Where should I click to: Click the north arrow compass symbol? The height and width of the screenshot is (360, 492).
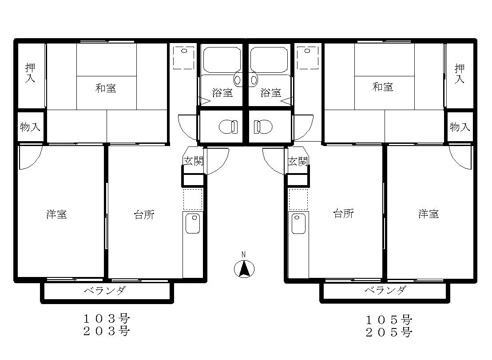click(244, 269)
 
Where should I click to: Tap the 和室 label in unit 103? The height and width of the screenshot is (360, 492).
click(106, 88)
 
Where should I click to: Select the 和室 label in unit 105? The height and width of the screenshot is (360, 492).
click(382, 87)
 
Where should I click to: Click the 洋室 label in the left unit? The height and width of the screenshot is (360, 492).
click(56, 214)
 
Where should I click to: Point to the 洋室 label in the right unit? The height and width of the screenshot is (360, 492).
click(429, 214)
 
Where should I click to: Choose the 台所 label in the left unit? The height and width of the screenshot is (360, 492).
click(144, 215)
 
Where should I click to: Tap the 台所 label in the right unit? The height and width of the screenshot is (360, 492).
click(344, 214)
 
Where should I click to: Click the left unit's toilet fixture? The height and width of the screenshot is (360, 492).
click(228, 127)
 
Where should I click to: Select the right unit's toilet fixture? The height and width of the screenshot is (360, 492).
click(263, 127)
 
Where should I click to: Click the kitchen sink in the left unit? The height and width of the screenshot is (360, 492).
click(192, 223)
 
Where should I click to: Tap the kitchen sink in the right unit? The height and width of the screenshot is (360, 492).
click(298, 224)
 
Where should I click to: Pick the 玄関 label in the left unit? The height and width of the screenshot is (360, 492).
click(193, 161)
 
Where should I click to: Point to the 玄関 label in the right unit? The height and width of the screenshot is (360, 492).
click(298, 161)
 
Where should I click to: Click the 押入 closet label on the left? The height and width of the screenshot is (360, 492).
click(30, 73)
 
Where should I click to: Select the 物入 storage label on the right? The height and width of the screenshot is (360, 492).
click(460, 127)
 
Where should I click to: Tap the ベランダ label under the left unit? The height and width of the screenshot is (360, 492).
click(105, 291)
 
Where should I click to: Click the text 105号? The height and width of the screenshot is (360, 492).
click(389, 320)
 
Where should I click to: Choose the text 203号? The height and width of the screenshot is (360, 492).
click(107, 331)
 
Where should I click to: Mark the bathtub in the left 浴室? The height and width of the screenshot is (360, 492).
click(222, 59)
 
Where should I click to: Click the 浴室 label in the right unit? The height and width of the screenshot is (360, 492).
click(270, 92)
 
